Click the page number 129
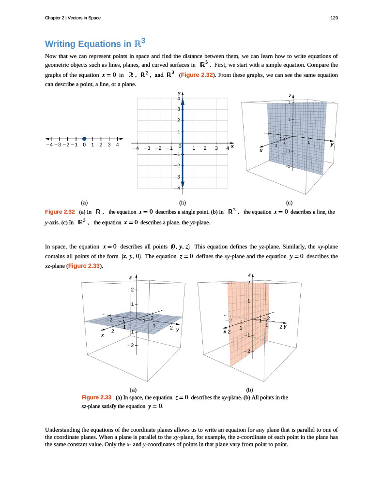334,18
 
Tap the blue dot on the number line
84,138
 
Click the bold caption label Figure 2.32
59,212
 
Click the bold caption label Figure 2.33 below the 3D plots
96,397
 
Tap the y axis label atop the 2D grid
179,92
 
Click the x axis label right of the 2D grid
232,146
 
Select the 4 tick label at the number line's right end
118,144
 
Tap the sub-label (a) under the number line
84,203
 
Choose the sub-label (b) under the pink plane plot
249,389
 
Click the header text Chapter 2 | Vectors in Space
72,18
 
